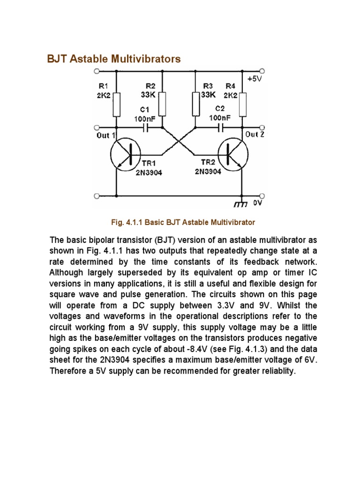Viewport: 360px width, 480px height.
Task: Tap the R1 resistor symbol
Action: pos(116,105)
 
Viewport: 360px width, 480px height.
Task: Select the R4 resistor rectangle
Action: pos(242,104)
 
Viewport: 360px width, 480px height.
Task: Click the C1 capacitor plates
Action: pos(147,127)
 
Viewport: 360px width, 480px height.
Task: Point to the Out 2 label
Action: pos(255,135)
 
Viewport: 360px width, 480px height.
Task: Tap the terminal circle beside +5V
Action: pos(262,72)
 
